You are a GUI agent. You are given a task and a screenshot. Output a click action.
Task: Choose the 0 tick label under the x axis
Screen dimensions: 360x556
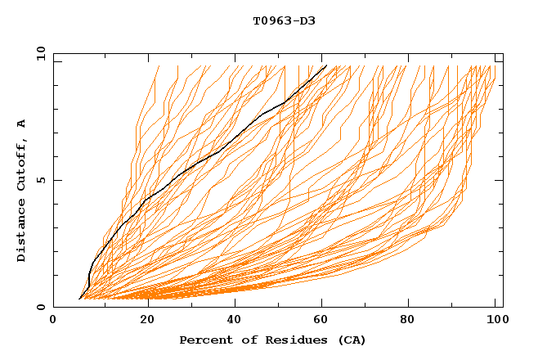53,321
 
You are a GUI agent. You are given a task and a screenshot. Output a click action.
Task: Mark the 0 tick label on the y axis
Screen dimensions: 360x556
41,308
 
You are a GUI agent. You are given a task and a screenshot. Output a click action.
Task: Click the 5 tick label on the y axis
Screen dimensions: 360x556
41,180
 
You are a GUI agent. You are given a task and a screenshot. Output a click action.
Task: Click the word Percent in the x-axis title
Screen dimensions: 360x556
202,340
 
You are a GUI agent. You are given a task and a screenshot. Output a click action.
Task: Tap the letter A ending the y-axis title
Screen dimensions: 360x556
22,124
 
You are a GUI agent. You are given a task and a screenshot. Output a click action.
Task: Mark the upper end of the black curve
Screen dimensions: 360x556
327,65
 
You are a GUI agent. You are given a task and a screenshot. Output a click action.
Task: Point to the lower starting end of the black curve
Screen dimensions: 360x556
79,299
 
